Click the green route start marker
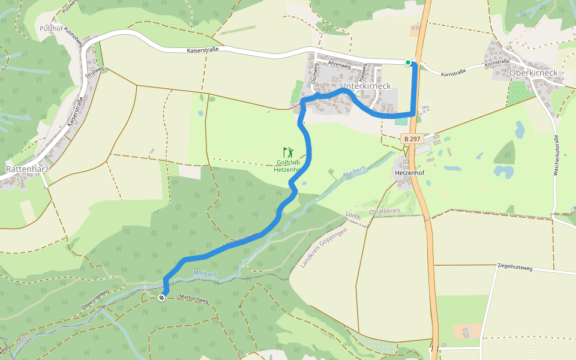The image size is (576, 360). [x=408, y=62]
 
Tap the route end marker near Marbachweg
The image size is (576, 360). [x=161, y=298]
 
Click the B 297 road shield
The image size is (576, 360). [x=412, y=139]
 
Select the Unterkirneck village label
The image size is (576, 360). [x=365, y=86]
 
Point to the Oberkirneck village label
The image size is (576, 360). [x=533, y=73]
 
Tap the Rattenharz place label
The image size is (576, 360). [x=26, y=169]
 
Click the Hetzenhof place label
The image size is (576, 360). [x=410, y=173]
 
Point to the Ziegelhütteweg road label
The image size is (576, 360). [x=515, y=268]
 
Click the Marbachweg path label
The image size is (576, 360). [x=194, y=298]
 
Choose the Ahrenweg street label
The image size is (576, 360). [x=339, y=64]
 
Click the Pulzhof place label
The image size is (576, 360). [x=50, y=28]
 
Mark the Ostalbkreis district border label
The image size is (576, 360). [x=385, y=211]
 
